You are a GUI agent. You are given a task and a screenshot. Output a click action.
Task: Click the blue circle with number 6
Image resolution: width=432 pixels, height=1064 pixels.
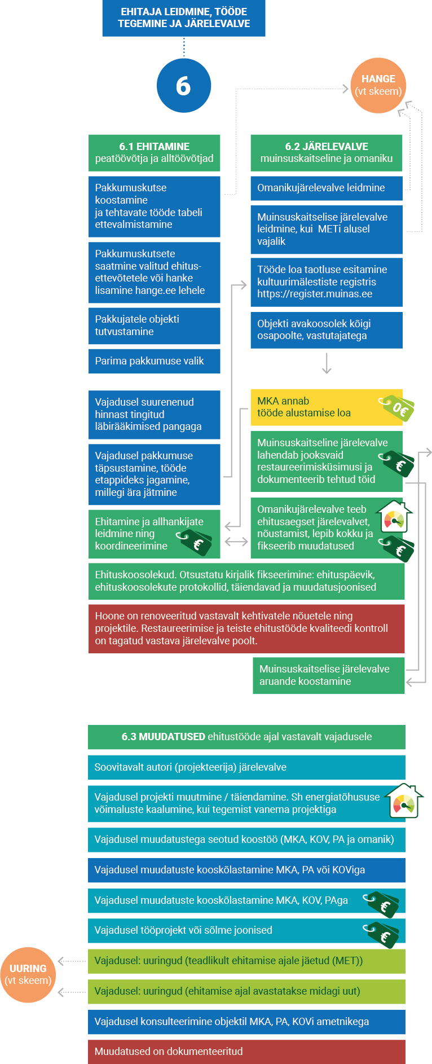(x=184, y=86)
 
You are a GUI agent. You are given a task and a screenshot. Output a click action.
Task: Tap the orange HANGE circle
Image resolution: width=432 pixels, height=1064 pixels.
(x=378, y=85)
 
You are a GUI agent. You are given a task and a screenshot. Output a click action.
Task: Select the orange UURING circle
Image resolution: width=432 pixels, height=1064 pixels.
(x=28, y=975)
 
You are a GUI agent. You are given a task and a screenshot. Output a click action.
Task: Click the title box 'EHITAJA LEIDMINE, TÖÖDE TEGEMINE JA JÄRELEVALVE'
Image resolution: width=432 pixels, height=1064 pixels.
(x=184, y=18)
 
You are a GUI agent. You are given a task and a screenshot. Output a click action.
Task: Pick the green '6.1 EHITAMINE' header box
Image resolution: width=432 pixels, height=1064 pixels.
(x=154, y=153)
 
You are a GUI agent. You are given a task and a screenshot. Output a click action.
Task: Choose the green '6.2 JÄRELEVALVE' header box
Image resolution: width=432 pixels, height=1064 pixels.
(x=327, y=153)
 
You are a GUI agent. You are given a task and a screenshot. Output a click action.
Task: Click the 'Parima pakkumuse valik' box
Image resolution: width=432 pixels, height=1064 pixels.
(x=154, y=361)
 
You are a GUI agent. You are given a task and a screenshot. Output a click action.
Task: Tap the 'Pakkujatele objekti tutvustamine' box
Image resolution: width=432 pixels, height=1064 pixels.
(x=154, y=326)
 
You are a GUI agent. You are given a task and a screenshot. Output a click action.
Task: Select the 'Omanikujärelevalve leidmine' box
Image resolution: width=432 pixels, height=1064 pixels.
(x=327, y=188)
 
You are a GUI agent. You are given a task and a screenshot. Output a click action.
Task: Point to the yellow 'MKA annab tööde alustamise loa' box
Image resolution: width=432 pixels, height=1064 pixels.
(x=327, y=407)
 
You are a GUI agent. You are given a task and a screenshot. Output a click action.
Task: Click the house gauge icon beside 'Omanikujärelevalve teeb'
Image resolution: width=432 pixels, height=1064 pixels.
(x=395, y=517)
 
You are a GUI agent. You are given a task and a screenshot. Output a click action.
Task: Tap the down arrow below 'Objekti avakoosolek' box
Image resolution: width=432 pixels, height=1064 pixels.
(x=327, y=363)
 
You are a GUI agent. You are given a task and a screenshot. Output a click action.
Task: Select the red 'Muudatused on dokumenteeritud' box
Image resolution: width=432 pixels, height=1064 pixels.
(x=246, y=1052)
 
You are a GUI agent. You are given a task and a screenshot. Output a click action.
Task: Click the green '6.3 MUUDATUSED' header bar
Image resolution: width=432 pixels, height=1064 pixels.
(x=246, y=737)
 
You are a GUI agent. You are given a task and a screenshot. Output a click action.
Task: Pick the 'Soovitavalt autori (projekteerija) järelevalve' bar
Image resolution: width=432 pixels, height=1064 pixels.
(x=246, y=767)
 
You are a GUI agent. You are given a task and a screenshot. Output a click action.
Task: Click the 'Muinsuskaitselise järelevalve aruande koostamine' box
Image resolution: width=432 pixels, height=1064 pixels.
(x=329, y=675)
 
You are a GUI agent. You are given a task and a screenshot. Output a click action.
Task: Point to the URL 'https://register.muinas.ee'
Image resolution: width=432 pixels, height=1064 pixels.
(x=315, y=294)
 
